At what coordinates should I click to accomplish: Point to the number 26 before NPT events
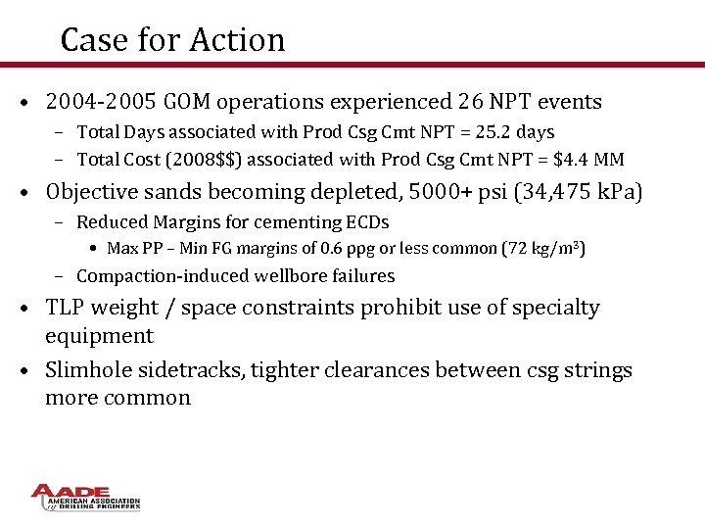[471, 102]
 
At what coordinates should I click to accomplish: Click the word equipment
[99, 336]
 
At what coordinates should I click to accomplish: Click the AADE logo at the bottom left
[86, 497]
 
